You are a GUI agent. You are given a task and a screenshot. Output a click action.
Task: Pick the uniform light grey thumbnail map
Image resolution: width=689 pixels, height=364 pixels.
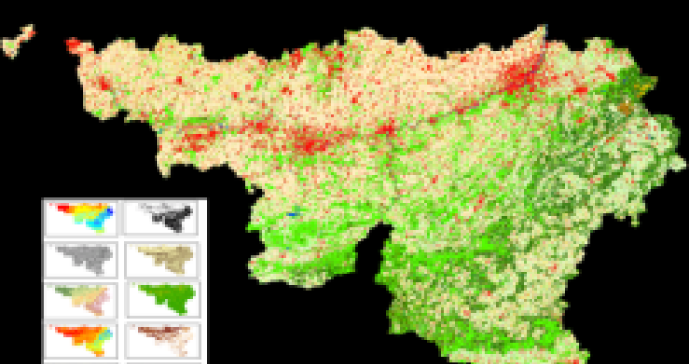82,260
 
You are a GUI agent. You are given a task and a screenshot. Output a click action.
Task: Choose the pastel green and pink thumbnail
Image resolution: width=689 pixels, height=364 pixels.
82,299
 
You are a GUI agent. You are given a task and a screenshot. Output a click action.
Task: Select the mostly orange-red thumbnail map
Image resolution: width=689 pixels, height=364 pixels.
82,340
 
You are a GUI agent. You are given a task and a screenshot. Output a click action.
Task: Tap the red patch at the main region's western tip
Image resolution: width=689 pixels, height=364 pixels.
77,46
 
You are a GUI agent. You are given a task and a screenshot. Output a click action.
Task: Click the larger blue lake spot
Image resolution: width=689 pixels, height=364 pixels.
292,212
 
